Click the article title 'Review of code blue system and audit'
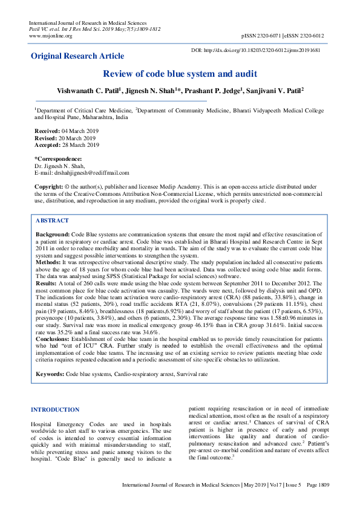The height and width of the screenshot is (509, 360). coord(180,74)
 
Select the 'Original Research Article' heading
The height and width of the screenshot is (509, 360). coord(78,56)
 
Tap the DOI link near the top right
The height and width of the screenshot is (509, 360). coord(255,50)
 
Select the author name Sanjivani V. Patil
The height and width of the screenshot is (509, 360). coord(273,91)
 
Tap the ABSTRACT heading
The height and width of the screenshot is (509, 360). coord(53,221)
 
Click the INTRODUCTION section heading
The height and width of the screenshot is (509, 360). coord(55,409)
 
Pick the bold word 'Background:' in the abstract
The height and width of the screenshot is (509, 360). coord(53,233)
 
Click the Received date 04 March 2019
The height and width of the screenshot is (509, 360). coord(80,131)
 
